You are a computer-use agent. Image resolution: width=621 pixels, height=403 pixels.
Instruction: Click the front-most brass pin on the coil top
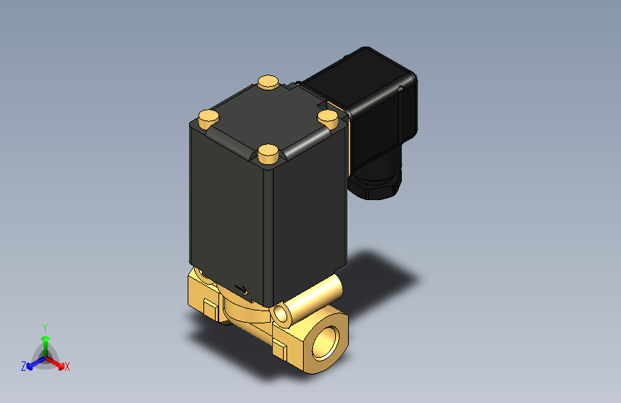[268, 152]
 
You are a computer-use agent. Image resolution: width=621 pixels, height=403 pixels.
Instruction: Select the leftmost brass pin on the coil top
[208, 116]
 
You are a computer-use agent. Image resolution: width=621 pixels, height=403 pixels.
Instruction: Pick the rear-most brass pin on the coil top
[268, 82]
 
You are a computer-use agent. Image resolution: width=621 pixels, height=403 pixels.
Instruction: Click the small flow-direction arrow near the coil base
[242, 290]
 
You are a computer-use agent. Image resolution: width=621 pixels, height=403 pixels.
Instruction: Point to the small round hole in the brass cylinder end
[281, 313]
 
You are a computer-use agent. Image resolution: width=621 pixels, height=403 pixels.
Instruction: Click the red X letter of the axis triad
[67, 367]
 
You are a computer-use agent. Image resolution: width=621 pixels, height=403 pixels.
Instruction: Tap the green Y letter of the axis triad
[44, 326]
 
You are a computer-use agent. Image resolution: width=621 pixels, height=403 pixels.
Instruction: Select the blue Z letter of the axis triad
[24, 366]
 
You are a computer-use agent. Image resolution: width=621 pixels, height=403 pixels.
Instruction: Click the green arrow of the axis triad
[44, 341]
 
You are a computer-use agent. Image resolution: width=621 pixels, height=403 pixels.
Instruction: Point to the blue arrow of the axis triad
[33, 363]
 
